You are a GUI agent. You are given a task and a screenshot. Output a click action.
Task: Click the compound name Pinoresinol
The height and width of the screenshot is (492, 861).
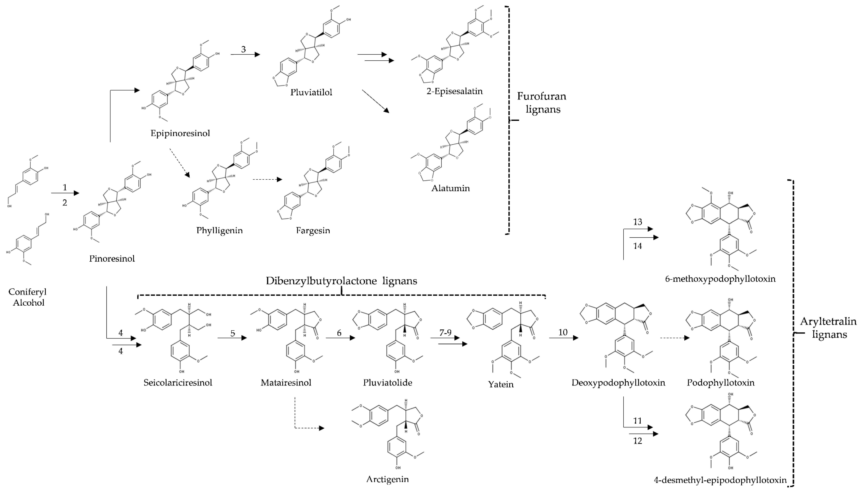pyautogui.click(x=112, y=259)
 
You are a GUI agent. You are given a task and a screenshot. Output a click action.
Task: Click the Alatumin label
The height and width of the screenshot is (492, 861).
pyautogui.click(x=450, y=188)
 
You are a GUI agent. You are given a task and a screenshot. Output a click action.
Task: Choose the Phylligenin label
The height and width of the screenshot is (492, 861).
pyautogui.click(x=219, y=231)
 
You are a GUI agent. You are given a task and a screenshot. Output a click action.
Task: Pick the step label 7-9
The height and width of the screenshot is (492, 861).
pyautogui.click(x=445, y=333)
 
